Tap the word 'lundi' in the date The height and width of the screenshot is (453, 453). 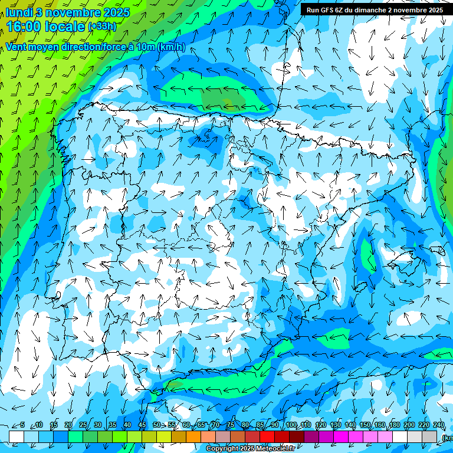tap(19, 12)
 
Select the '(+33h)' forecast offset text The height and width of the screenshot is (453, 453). tap(102, 27)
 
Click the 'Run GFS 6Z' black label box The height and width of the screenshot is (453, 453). tap(375, 9)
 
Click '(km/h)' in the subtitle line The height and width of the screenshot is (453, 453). tap(171, 47)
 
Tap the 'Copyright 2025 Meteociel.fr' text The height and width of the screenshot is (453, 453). tap(251, 449)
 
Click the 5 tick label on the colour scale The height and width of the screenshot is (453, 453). tap(22, 425)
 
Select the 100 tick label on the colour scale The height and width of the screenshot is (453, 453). tap(291, 425)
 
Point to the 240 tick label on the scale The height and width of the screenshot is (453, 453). tap(438, 425)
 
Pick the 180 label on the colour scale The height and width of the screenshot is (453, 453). tap(394, 425)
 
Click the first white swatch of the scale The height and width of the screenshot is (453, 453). tap(17, 436)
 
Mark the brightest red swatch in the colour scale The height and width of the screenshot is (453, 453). tap(267, 436)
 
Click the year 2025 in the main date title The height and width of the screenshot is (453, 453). tap(115, 12)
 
